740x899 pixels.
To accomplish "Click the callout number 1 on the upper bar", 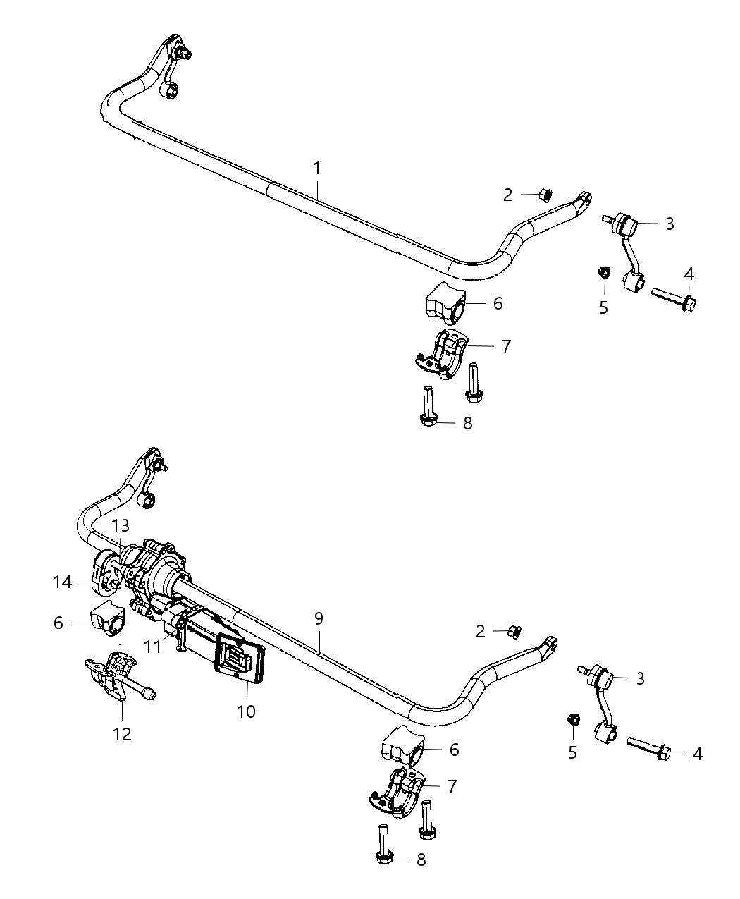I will (317, 168).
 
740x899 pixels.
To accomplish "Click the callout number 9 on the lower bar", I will (319, 618).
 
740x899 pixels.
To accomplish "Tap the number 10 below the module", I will (246, 711).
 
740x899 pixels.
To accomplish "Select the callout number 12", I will (122, 733).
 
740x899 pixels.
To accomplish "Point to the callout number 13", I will (121, 525).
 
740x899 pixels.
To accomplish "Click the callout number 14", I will (63, 582).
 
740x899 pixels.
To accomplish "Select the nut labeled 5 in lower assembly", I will (574, 720).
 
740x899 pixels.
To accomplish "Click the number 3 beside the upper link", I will (670, 224).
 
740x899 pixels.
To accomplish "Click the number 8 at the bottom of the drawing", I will (421, 859).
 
